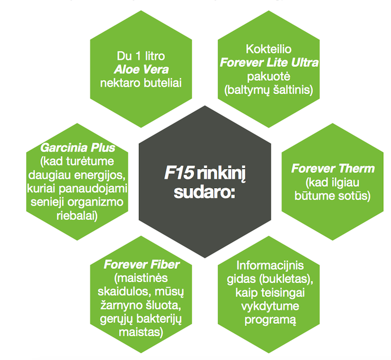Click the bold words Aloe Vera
141,68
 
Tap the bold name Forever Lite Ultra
269,63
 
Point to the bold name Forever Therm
333,169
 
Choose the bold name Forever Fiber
142,265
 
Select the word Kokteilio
269,50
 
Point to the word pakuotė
269,76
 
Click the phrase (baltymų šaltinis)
269,90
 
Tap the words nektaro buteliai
141,82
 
